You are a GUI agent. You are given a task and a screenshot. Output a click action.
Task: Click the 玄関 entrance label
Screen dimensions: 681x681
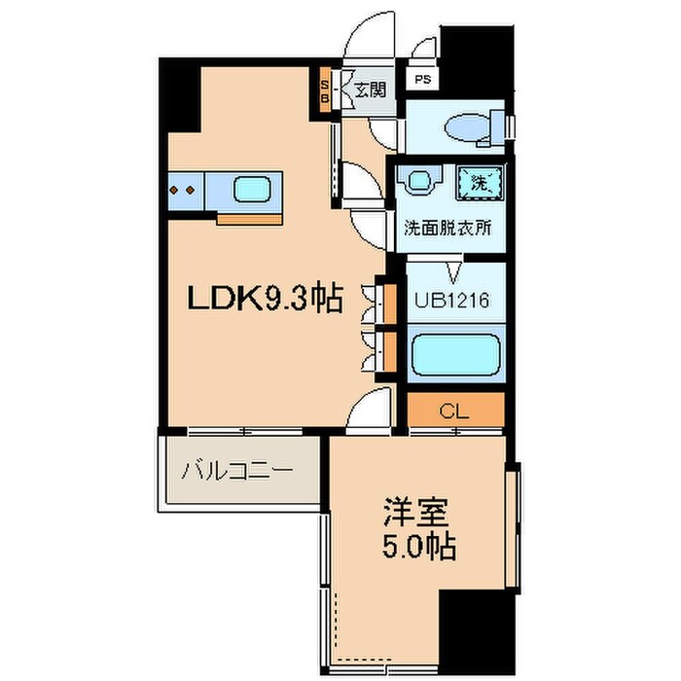point(369,90)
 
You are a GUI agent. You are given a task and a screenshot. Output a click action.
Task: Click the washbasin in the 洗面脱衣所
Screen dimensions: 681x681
point(419,180)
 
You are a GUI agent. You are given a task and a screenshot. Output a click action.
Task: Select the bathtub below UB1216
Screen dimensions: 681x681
point(453,355)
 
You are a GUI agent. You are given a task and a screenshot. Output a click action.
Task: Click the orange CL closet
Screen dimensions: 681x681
point(454,411)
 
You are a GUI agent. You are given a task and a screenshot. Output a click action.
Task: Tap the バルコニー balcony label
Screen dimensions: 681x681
point(236,472)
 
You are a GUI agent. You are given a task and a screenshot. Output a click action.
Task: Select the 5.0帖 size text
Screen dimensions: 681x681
point(416,547)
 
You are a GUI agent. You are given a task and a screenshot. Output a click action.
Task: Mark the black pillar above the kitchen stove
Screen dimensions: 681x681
point(181,97)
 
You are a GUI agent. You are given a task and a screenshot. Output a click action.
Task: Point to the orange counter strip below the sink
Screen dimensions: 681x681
point(249,217)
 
